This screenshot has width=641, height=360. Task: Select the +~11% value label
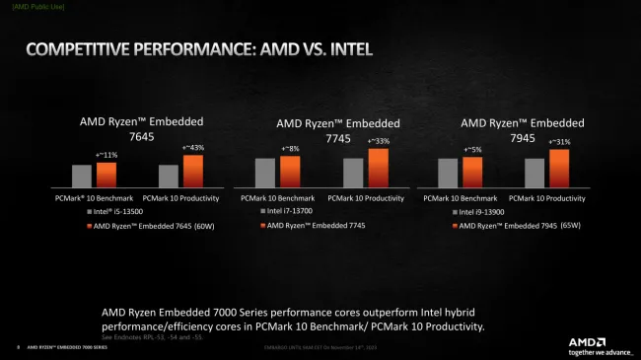106,155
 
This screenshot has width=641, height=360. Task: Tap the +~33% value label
378,141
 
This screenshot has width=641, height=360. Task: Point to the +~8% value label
290,149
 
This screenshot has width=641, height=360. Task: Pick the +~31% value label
559,142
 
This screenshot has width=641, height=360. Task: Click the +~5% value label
472,150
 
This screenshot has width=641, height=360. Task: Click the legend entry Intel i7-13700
291,211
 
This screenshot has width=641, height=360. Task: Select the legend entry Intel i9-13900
480,211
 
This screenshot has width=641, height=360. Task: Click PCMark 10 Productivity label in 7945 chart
552,198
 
